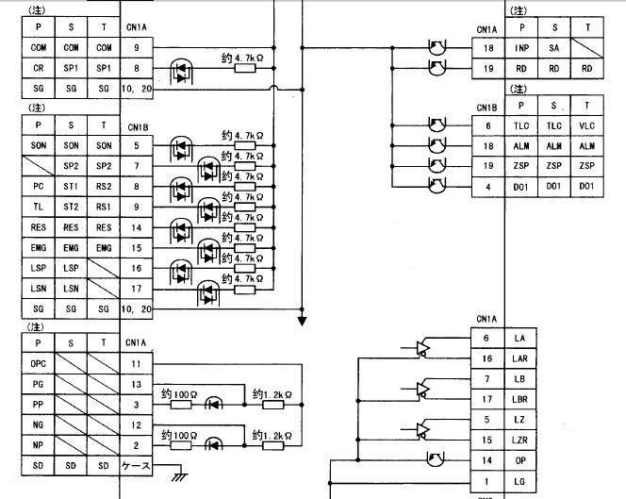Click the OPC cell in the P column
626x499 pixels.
(x=39, y=363)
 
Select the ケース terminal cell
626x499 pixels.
(x=136, y=466)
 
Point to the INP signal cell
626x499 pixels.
(x=521, y=46)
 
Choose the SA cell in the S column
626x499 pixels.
(x=554, y=46)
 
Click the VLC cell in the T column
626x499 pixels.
(x=587, y=125)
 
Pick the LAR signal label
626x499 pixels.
(x=520, y=358)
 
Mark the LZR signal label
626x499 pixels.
(x=520, y=441)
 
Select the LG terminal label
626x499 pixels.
(x=520, y=482)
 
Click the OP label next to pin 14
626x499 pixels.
(x=520, y=461)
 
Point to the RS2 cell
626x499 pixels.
(x=104, y=187)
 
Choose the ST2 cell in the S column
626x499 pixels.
(x=72, y=207)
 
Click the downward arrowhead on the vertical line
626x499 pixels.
(x=303, y=320)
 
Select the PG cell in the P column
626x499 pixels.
(x=39, y=384)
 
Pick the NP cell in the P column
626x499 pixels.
(x=39, y=445)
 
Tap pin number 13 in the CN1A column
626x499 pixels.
(x=136, y=384)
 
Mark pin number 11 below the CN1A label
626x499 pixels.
(x=136, y=363)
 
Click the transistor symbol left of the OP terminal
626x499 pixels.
(x=435, y=460)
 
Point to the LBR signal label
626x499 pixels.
(x=520, y=399)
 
